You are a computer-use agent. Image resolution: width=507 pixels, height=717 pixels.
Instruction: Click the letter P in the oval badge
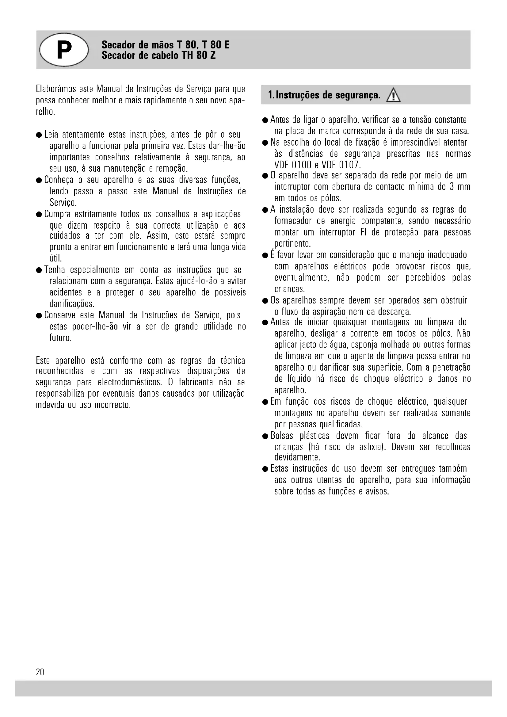click(64, 50)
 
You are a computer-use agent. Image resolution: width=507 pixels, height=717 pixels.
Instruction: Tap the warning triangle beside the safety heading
click(393, 96)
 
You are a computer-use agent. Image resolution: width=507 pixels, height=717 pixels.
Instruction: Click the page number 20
click(40, 672)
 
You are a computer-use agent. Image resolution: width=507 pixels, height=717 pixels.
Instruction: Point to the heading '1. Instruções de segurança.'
click(324, 95)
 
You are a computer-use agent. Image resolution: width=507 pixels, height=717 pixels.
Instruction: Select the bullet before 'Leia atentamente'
click(39, 135)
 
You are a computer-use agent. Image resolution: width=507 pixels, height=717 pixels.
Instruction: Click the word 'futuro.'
click(61, 338)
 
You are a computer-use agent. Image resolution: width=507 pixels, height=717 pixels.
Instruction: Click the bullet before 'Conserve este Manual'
click(39, 315)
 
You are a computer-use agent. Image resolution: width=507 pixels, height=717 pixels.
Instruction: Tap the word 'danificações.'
click(72, 303)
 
